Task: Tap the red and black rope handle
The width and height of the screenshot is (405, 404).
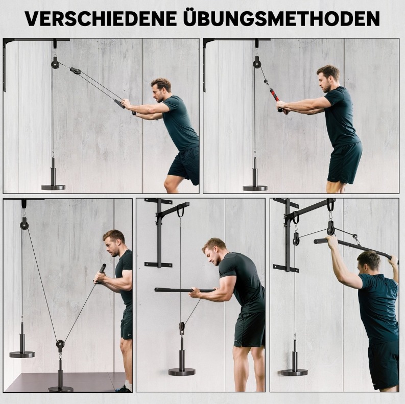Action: (x=275, y=96)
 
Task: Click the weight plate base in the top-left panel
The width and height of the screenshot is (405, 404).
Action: (x=53, y=187)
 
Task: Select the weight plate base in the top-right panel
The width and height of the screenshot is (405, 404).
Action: (x=255, y=188)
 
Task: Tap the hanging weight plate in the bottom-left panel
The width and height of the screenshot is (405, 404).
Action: (x=22, y=354)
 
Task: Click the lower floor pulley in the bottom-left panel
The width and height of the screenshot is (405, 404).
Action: (x=60, y=344)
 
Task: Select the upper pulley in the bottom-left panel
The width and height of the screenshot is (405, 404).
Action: (x=25, y=223)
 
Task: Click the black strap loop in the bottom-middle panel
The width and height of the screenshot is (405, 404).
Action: (x=180, y=211)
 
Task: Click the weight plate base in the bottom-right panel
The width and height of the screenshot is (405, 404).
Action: (x=294, y=372)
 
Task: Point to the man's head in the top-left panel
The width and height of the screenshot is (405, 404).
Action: (x=161, y=89)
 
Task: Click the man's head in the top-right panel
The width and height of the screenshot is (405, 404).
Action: (x=327, y=78)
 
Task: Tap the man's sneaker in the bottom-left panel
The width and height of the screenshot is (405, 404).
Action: (x=122, y=388)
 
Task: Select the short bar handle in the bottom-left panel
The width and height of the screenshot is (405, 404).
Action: (x=101, y=272)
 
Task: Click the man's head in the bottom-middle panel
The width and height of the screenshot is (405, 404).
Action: (x=214, y=251)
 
